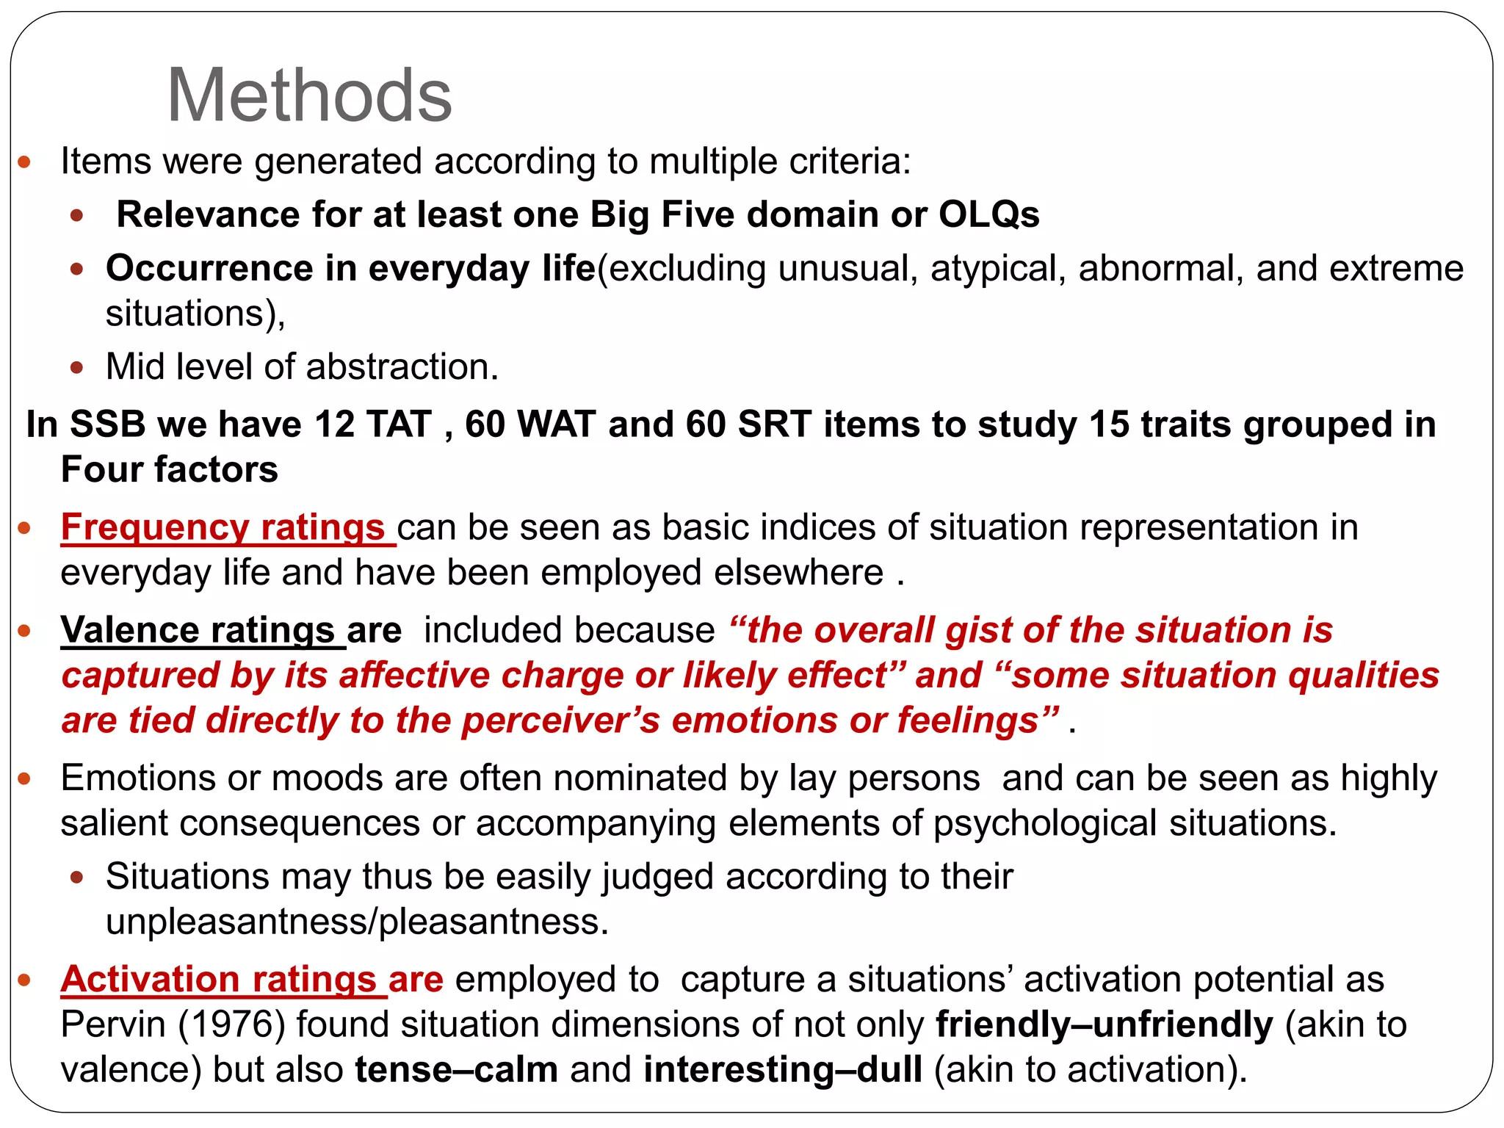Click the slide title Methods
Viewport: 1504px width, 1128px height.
(x=309, y=95)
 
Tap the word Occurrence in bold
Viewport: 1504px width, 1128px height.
(x=209, y=269)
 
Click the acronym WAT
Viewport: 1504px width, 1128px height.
(x=556, y=424)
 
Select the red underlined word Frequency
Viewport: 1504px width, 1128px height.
(x=154, y=527)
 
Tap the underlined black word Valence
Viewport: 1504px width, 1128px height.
(x=130, y=630)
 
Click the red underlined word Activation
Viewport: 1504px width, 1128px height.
(x=150, y=980)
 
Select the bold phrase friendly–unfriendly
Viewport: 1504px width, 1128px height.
(x=1104, y=1025)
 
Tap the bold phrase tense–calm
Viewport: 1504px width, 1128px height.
(x=456, y=1070)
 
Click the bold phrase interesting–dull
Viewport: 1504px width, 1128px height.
(x=782, y=1070)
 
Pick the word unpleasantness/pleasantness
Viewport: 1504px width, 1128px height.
(x=357, y=922)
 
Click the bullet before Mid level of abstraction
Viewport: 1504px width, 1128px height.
(x=77, y=367)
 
